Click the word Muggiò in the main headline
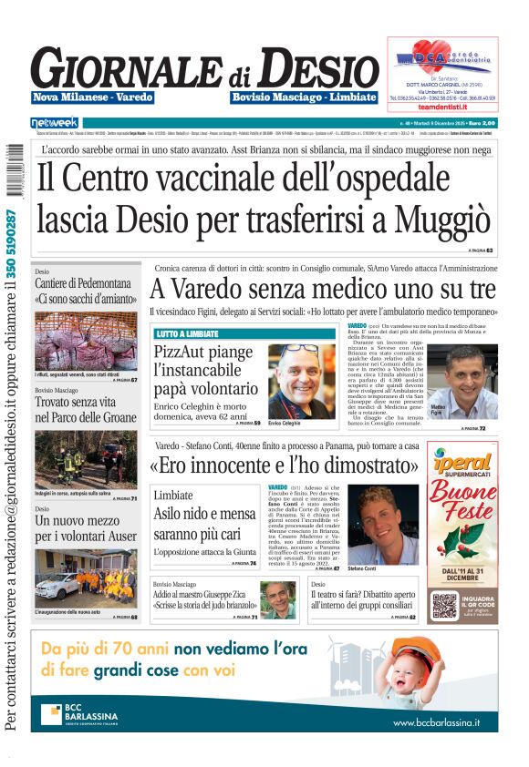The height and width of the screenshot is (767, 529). click(x=436, y=219)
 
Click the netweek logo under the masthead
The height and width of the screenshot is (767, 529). click(x=55, y=122)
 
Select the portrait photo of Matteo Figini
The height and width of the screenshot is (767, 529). click(x=472, y=381)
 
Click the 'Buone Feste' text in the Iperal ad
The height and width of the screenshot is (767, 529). click(x=463, y=505)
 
